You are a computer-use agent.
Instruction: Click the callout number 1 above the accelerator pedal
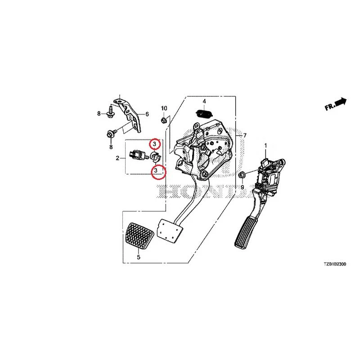[x=265, y=145]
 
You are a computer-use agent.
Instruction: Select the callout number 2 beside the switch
[x=117, y=158]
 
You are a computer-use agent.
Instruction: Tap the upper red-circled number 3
[x=155, y=144]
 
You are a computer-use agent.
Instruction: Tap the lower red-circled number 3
[x=156, y=171]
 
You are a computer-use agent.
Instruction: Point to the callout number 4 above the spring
[x=204, y=101]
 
